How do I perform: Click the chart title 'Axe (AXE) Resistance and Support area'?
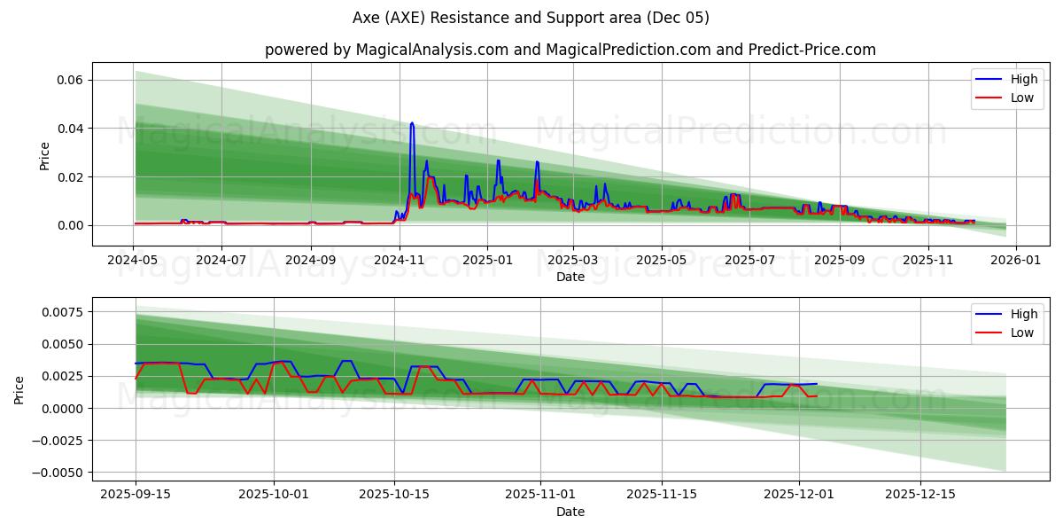(531, 18)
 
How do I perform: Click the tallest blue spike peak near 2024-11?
(412, 123)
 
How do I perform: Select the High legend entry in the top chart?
(1022, 79)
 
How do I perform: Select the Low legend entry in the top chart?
(1021, 98)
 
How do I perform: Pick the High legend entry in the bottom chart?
(1023, 314)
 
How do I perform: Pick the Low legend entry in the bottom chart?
(1021, 332)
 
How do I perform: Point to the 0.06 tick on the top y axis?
(71, 80)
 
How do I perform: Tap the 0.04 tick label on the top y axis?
(71, 129)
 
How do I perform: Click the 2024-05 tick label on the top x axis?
(134, 261)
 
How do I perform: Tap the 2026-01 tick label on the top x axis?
(1015, 261)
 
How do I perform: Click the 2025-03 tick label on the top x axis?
(573, 261)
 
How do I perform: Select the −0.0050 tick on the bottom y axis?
(60, 473)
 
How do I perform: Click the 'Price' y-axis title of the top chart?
(44, 156)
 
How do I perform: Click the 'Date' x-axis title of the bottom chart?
(570, 512)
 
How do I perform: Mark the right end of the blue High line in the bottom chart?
(817, 384)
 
